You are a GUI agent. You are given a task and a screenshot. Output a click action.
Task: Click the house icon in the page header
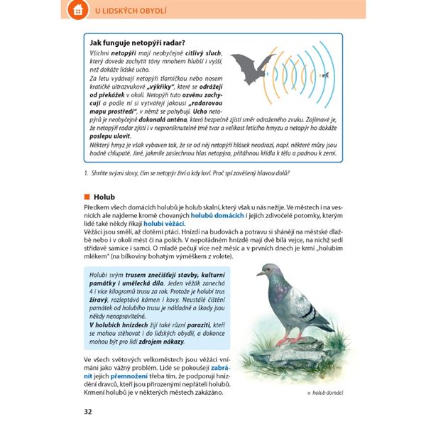[x=76, y=11]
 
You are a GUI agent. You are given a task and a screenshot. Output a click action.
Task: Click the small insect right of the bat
[x=324, y=74]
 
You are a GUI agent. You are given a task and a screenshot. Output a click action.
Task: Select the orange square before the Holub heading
[x=87, y=196]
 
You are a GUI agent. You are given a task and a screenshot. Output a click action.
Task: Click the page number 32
[x=88, y=411]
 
